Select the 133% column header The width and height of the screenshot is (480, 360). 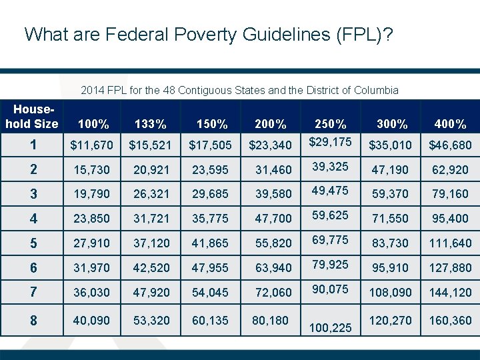pyautogui.click(x=150, y=123)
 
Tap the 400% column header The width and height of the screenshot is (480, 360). pyautogui.click(x=450, y=123)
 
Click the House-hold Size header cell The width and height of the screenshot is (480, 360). pyautogui.click(x=32, y=115)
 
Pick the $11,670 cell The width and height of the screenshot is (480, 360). pyautogui.click(x=93, y=145)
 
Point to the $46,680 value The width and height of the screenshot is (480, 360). pyautogui.click(x=450, y=145)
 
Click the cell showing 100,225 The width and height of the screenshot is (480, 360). pyautogui.click(x=330, y=328)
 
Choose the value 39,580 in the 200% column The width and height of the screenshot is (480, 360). pyautogui.click(x=273, y=194)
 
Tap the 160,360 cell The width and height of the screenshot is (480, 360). pyautogui.click(x=450, y=321)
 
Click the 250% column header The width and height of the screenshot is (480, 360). pyautogui.click(x=331, y=123)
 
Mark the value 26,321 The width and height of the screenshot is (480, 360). pyautogui.click(x=151, y=194)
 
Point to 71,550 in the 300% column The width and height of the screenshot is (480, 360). pyautogui.click(x=390, y=219)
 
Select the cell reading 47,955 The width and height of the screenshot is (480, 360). pyautogui.click(x=209, y=267)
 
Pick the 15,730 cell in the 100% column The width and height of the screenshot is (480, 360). pyautogui.click(x=93, y=170)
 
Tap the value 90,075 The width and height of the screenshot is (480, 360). pyautogui.click(x=330, y=289)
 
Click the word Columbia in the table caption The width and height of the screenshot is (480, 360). pyautogui.click(x=377, y=90)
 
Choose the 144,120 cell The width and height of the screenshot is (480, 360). pyautogui.click(x=450, y=292)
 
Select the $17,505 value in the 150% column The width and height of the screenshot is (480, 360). pyautogui.click(x=211, y=145)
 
